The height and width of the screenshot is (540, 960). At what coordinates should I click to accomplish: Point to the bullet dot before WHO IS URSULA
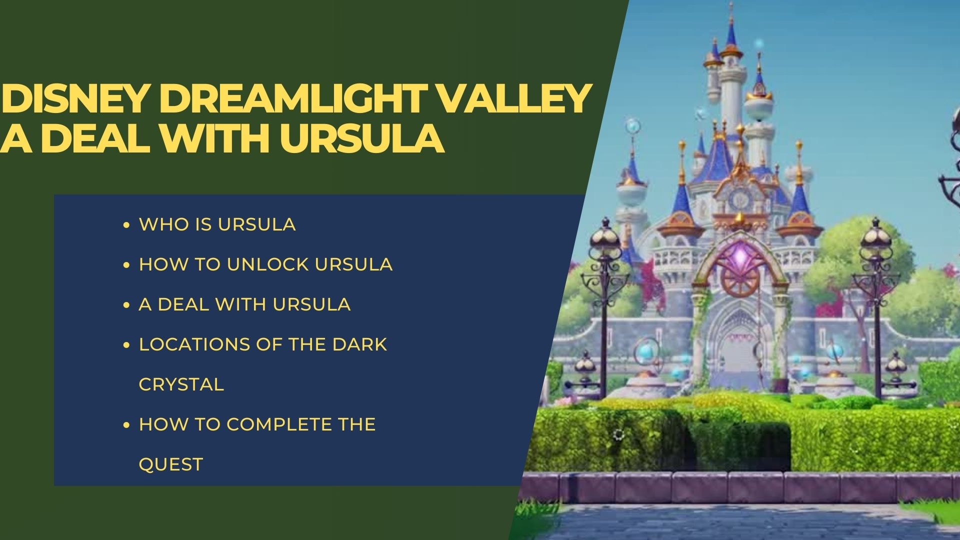126,225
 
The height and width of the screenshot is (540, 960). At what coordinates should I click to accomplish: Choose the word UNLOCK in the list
268,264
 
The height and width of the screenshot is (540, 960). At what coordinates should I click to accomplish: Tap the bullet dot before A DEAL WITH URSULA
126,305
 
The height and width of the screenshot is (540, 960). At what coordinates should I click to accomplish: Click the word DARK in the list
359,344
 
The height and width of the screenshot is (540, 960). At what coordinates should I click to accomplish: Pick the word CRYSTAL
181,384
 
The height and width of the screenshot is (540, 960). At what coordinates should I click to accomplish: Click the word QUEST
170,464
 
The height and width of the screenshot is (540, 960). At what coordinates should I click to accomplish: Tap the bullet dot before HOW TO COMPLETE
126,425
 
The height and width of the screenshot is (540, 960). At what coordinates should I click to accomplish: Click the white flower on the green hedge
618,433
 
